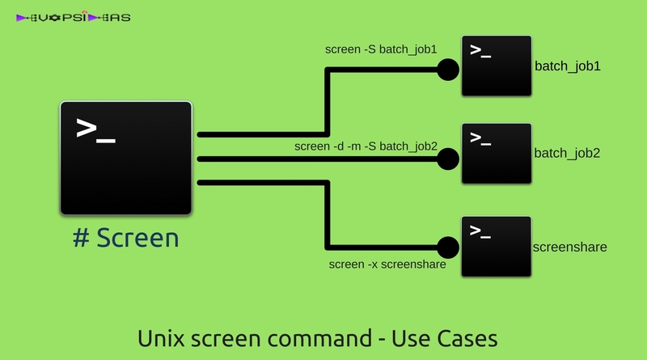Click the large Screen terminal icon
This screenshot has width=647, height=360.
(x=126, y=158)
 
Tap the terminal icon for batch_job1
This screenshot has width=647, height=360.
(x=497, y=66)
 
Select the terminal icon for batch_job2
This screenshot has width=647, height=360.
(x=497, y=154)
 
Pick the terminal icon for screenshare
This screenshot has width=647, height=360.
(x=497, y=246)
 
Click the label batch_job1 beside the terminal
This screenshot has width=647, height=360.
(x=567, y=67)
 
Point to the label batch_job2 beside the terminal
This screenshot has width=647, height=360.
(x=567, y=153)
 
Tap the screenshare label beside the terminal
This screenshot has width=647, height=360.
(x=570, y=247)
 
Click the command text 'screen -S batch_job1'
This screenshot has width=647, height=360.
(x=381, y=49)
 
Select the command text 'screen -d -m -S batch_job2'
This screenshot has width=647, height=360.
(x=366, y=146)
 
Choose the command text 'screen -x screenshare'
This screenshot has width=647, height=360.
(x=387, y=265)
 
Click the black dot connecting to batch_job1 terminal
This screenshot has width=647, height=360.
(x=447, y=69)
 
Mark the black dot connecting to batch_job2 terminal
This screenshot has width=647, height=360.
(x=447, y=159)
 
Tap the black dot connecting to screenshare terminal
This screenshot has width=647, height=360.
(x=447, y=246)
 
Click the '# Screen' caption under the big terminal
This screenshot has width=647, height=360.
(x=125, y=238)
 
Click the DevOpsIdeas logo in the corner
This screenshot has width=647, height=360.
(x=74, y=17)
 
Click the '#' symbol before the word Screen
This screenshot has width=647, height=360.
(x=80, y=238)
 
